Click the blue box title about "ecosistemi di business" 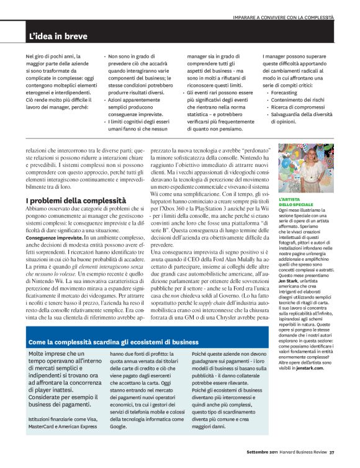[x=113, y=341]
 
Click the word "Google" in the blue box [x=119, y=427]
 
